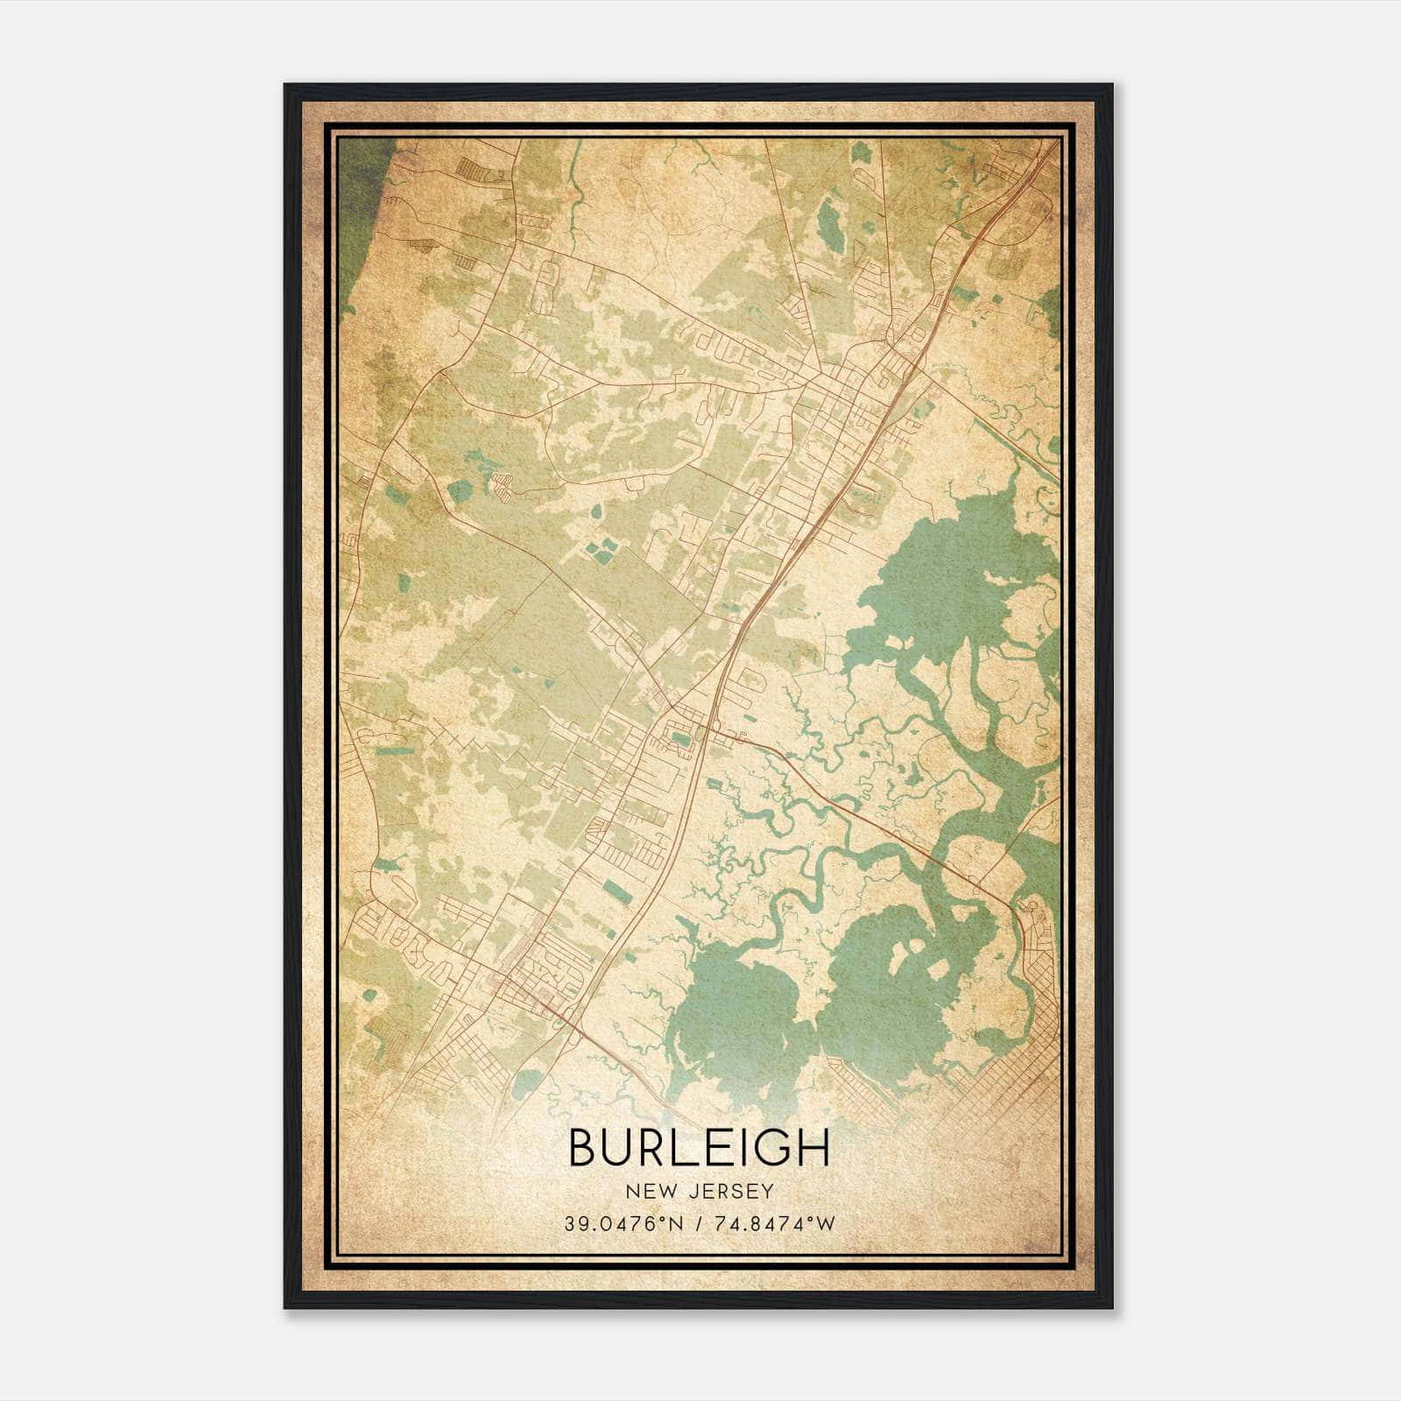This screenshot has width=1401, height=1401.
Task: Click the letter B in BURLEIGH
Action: pos(584,1148)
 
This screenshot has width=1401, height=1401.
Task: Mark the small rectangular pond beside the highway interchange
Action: pos(679,741)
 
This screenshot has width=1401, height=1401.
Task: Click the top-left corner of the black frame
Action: pos(285,85)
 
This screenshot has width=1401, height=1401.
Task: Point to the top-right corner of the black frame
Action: pos(1111,85)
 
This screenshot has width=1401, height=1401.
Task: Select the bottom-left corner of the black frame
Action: pos(285,1307)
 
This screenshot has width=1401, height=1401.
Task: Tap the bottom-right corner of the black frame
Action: pos(1111,1307)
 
